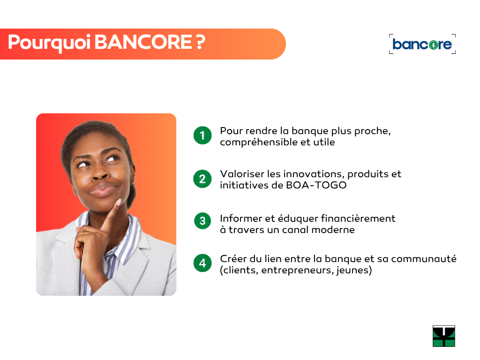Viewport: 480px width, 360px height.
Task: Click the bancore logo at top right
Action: pyautogui.click(x=422, y=44)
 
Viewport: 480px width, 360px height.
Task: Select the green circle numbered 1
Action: pyautogui.click(x=202, y=135)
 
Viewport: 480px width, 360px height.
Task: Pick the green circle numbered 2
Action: pyautogui.click(x=202, y=179)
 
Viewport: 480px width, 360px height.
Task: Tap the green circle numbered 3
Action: pyautogui.click(x=202, y=221)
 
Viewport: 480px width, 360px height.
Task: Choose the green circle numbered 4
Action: pyautogui.click(x=202, y=263)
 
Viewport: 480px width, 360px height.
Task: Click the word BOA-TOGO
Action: pyautogui.click(x=316, y=185)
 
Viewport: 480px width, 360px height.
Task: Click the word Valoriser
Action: pyautogui.click(x=242, y=174)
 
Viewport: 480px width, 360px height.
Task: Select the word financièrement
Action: pyautogui.click(x=358, y=218)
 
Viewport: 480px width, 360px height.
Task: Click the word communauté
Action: pyautogui.click(x=424, y=259)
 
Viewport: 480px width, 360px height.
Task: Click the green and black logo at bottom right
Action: pyautogui.click(x=444, y=336)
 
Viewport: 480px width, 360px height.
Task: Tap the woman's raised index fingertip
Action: pyautogui.click(x=119, y=202)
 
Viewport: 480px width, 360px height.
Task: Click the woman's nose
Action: pyautogui.click(x=100, y=173)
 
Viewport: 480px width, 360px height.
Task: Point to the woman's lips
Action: pyautogui.click(x=102, y=190)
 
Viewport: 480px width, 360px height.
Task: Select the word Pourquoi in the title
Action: pyautogui.click(x=49, y=43)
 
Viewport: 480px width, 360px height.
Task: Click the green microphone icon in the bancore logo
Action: pyautogui.click(x=433, y=45)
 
